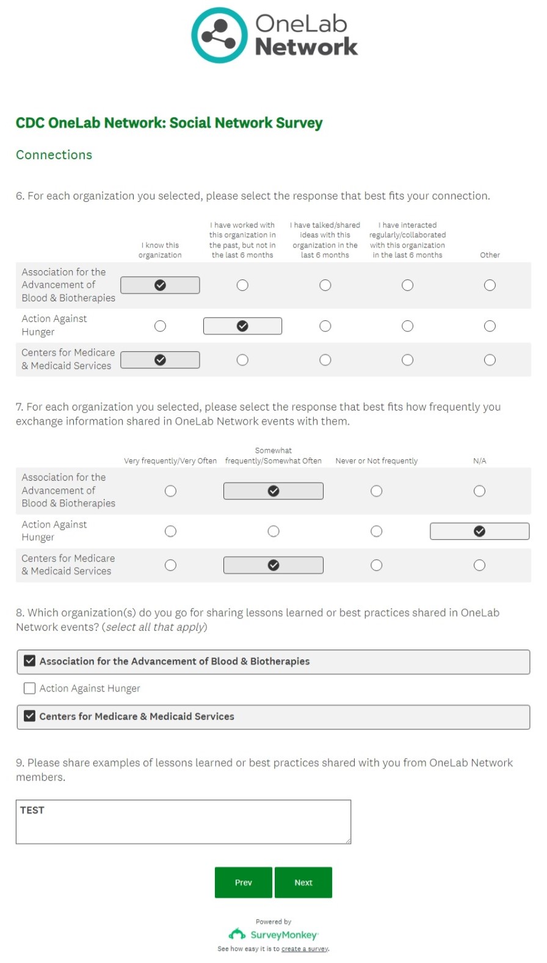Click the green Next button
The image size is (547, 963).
[303, 882]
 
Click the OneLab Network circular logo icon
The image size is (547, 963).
[219, 35]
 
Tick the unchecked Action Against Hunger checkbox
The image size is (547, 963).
[29, 689]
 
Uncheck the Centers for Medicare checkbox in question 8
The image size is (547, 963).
[29, 716]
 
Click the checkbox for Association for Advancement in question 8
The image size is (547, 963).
[29, 661]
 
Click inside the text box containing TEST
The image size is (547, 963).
[183, 822]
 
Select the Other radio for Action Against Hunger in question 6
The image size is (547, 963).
[490, 326]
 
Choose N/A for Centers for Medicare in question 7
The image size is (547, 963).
[480, 565]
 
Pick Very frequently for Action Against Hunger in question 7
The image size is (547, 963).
[170, 532]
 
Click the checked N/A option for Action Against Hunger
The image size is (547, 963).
[480, 532]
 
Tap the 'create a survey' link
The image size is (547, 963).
[305, 949]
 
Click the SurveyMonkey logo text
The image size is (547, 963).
[283, 935]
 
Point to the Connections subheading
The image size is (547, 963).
[54, 155]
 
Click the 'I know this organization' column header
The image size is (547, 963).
[160, 250]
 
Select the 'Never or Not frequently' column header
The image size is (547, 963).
[376, 461]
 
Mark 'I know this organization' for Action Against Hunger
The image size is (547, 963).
[160, 326]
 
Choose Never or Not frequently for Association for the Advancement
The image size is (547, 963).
[377, 492]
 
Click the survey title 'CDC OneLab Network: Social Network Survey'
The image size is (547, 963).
[169, 123]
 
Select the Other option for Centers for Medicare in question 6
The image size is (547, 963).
[490, 360]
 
